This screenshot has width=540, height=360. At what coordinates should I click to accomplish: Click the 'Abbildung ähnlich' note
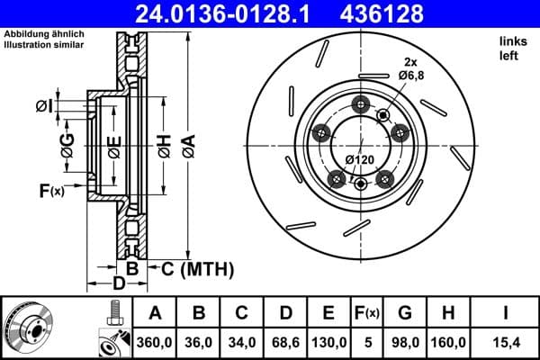pyautogui.click(x=42, y=34)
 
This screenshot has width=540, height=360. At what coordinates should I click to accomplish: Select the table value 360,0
pyautogui.click(x=155, y=342)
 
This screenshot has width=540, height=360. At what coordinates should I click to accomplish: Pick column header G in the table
pyautogui.click(x=406, y=313)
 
